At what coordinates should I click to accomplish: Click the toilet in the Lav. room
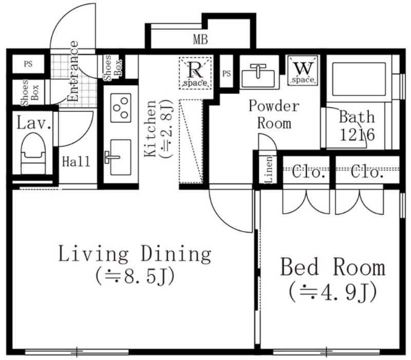33,154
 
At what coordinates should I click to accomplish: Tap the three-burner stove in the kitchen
121,108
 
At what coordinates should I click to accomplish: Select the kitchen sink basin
121,157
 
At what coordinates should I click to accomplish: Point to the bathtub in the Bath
359,80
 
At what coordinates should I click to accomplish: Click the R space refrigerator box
195,73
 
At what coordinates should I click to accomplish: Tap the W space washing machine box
303,70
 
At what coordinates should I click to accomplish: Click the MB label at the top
200,40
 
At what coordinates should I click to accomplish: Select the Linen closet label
268,169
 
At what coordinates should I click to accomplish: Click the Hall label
76,162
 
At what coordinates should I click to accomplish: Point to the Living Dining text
135,254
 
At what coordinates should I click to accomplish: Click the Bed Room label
333,267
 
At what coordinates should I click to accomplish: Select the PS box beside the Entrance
28,64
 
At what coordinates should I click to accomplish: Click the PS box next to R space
227,73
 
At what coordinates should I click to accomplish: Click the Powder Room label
274,115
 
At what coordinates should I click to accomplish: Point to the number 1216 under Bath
357,135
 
